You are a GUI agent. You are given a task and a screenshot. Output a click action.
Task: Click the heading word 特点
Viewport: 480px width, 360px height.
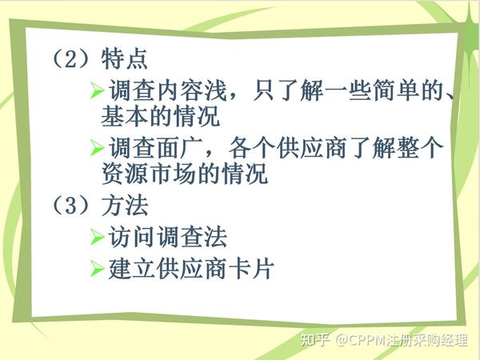pyautogui.click(x=124, y=58)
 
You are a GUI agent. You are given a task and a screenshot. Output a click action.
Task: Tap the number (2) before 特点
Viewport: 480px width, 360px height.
pyautogui.click(x=71, y=58)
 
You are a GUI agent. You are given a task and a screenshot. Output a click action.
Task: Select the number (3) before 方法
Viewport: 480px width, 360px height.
pyautogui.click(x=71, y=205)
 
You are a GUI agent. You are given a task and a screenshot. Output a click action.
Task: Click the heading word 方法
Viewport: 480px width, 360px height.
pyautogui.click(x=125, y=205)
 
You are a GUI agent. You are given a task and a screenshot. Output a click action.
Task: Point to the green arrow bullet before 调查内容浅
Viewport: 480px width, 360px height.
pyautogui.click(x=98, y=90)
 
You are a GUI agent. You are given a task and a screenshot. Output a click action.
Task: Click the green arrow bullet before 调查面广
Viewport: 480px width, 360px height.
pyautogui.click(x=98, y=148)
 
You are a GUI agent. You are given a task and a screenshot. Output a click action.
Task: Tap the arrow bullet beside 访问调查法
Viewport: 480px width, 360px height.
pyautogui.click(x=98, y=237)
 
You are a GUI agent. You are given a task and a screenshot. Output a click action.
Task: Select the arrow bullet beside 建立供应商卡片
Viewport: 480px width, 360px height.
pyautogui.click(x=98, y=269)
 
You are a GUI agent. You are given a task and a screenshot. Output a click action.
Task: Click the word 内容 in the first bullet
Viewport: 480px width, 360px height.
pyautogui.click(x=180, y=90)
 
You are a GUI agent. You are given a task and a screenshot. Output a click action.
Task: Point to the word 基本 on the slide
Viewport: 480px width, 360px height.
pyautogui.click(x=125, y=116)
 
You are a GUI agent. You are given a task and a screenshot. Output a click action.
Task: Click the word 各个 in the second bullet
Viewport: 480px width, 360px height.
pyautogui.click(x=252, y=148)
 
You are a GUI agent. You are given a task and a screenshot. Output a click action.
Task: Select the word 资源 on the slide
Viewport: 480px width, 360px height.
pyautogui.click(x=125, y=174)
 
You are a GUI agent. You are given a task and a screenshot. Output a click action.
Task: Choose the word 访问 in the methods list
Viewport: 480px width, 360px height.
pyautogui.click(x=132, y=237)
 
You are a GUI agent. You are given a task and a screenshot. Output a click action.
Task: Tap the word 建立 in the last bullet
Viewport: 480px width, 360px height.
pyautogui.click(x=132, y=269)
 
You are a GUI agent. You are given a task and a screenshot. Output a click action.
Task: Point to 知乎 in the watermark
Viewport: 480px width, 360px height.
pyautogui.click(x=315, y=339)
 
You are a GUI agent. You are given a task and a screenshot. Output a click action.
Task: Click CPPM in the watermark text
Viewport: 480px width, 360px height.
pyautogui.click(x=366, y=340)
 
